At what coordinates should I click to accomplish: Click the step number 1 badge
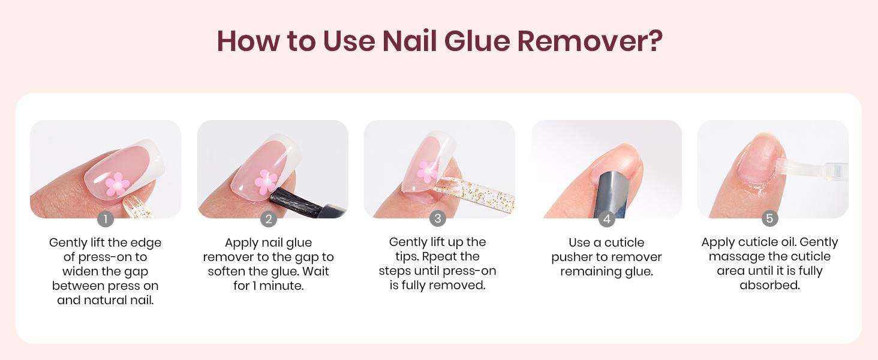tap(106, 219)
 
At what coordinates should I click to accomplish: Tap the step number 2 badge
tap(269, 219)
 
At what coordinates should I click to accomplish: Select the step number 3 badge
tap(438, 218)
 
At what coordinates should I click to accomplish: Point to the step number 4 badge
tap(607, 219)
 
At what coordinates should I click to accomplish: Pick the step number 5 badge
tap(769, 218)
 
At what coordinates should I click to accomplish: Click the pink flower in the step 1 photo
tap(117, 184)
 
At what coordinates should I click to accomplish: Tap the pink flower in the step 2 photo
tap(266, 182)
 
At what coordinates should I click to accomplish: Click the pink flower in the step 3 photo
tap(428, 172)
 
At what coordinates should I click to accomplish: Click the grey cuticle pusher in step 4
tap(612, 194)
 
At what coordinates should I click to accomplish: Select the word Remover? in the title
tap(590, 41)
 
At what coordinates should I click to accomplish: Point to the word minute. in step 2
tap(281, 286)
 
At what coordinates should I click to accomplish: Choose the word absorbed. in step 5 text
tap(770, 285)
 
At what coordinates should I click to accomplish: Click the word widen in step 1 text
tap(77, 271)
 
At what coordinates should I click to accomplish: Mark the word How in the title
tap(248, 41)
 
